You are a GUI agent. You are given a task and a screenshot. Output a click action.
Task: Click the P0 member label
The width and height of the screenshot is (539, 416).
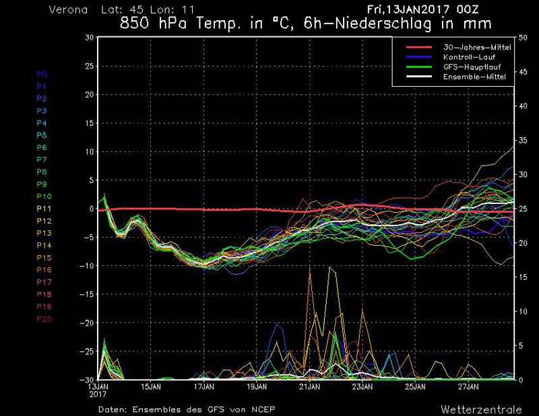pos(42,74)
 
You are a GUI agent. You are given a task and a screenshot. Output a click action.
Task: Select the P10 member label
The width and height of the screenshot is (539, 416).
pos(44,196)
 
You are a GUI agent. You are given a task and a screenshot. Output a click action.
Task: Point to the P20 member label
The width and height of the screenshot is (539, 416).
pos(44,318)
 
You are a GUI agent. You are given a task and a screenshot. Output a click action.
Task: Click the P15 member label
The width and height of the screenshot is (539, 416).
pos(44,257)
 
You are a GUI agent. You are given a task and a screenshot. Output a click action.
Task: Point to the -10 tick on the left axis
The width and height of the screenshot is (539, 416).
pos(86,266)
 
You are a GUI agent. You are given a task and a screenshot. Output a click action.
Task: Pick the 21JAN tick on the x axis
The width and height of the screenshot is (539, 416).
pos(309,388)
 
